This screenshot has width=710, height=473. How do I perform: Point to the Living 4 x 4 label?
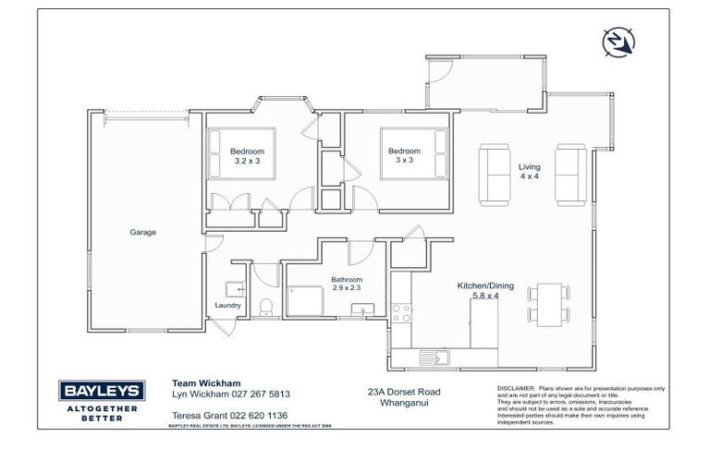pos(529,172)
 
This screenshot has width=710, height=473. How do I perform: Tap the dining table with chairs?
pos(547,306)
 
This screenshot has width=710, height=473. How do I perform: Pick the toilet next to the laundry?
pos(265,306)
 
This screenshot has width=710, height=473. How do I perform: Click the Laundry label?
pos(227,306)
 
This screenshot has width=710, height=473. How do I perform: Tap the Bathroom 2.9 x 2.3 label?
pos(348,284)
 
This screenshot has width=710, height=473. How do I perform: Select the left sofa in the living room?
pos(494,176)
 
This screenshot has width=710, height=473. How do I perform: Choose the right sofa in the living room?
pos(567,176)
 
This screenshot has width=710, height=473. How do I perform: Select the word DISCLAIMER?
pos(516,389)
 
